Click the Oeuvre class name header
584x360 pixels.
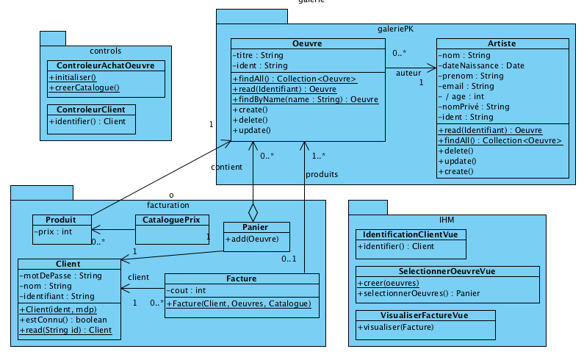pos(307,43)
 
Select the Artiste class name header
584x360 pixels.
pos(502,43)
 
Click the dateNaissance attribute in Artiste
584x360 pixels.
pos(481,65)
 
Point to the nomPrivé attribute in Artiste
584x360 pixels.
pos(474,107)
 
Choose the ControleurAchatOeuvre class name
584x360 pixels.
pos(105,65)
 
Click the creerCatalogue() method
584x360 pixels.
pos(84,87)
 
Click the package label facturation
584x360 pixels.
pos(168,205)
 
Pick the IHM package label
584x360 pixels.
pos(446,219)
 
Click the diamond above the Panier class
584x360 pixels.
pos(253,212)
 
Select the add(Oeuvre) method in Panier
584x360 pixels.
pos(251,238)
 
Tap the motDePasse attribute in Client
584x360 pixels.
pos(62,275)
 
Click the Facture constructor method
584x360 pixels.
pos(239,303)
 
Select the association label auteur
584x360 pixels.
pos(408,73)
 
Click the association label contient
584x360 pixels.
pos(226,167)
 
